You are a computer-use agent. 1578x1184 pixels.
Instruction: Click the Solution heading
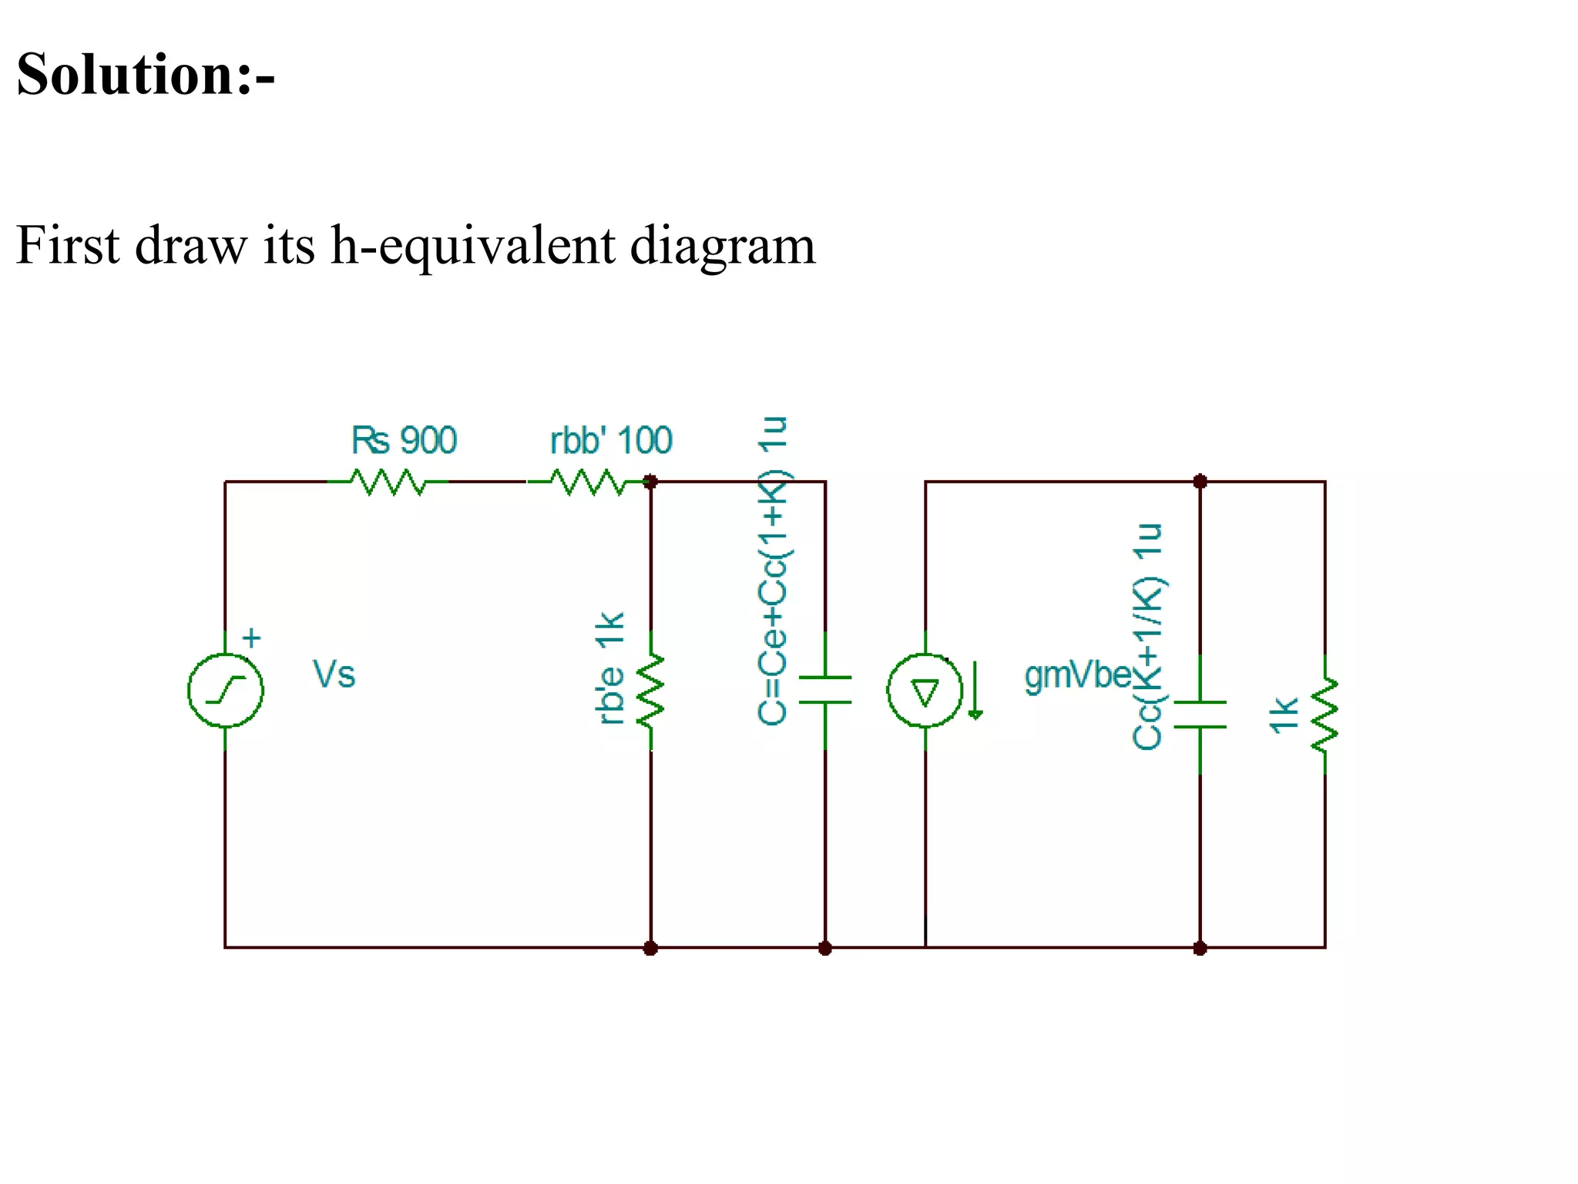pos(145,75)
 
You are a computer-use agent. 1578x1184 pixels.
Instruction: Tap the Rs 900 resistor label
pos(404,440)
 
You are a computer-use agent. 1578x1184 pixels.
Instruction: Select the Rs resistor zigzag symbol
pos(388,483)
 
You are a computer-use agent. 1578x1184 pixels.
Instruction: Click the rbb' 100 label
pos(610,440)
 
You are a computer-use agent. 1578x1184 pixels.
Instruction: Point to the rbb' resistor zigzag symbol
pos(587,483)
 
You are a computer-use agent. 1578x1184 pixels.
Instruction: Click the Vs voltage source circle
pos(226,690)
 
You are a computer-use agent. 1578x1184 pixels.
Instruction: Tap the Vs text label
pos(334,674)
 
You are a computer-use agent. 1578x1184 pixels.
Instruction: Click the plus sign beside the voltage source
pos(251,638)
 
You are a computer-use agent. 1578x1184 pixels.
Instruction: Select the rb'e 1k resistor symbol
pos(651,690)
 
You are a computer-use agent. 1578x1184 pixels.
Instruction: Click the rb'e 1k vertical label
pos(610,668)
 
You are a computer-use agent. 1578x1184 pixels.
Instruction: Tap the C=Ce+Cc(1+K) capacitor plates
pos(825,690)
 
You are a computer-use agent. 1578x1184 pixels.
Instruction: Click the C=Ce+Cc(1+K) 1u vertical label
pos(773,570)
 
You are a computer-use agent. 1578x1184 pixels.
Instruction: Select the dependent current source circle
pos(925,690)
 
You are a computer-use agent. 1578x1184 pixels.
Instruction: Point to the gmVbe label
pos(1077,675)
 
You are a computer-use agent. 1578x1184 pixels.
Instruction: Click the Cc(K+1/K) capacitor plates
pos(1200,715)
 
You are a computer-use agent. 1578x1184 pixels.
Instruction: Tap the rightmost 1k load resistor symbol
pos(1325,715)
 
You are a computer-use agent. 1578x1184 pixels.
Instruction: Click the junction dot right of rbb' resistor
pos(650,482)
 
